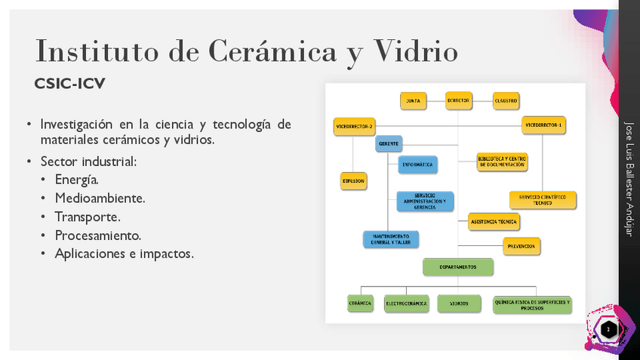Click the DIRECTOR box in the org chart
(458, 100)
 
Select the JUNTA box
(414, 100)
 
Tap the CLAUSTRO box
(505, 100)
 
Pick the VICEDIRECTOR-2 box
(354, 126)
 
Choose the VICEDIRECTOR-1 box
(543, 125)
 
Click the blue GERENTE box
(389, 143)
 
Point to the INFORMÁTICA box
(417, 164)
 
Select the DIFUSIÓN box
(353, 181)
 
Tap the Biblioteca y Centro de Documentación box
(502, 162)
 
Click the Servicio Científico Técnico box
(543, 200)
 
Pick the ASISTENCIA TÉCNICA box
(494, 222)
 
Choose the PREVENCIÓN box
(522, 246)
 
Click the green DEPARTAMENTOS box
(457, 267)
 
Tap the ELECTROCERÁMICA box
(406, 304)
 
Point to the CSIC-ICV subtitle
(69, 84)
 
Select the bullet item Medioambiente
(100, 198)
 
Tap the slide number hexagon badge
(608, 329)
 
